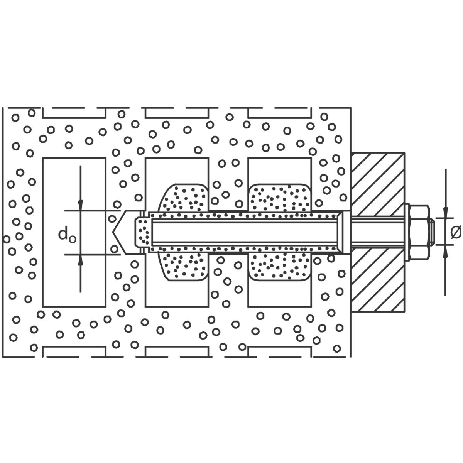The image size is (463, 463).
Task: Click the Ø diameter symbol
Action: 456,232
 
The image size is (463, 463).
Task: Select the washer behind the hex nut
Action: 407,233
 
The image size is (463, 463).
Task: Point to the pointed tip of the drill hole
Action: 113,232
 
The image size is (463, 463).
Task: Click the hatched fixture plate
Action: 378,232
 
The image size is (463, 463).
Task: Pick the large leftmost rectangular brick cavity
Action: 74,232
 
